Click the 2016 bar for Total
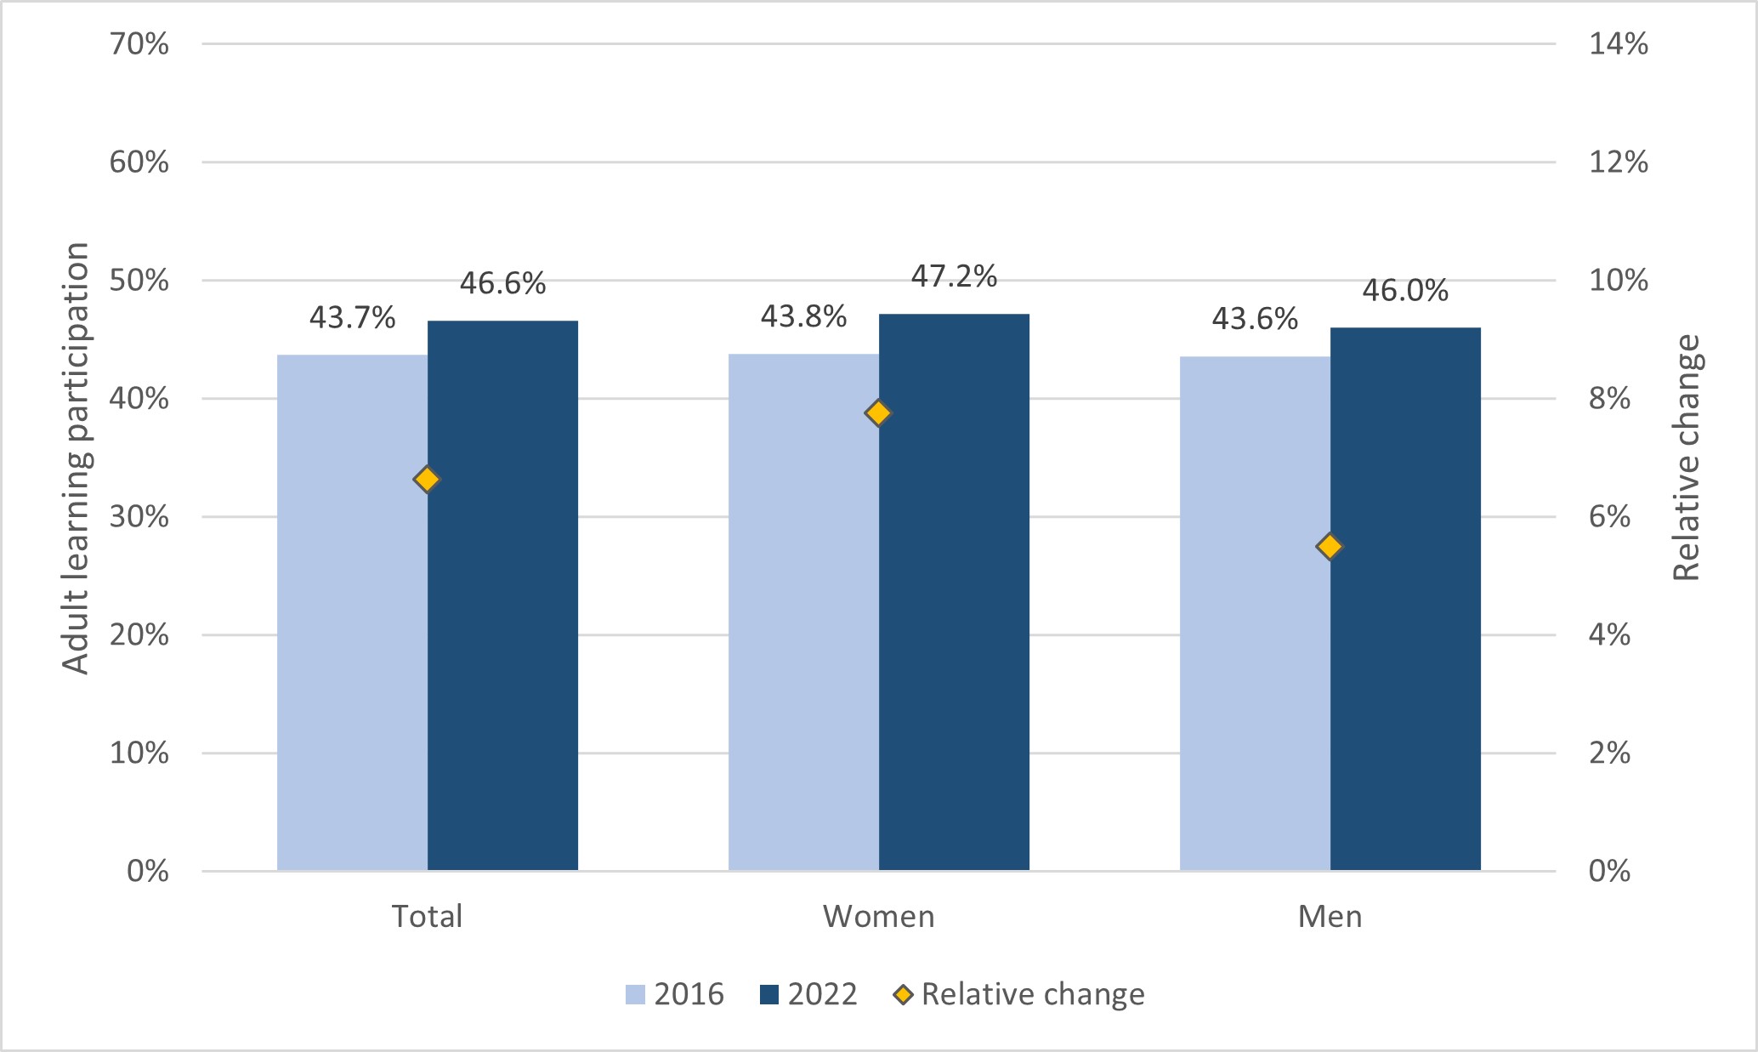(x=352, y=612)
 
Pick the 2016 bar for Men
(x=1255, y=613)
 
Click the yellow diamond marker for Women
(x=878, y=413)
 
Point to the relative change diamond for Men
(x=1330, y=546)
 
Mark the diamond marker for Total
(x=427, y=480)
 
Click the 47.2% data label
(x=954, y=276)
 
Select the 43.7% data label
(x=352, y=318)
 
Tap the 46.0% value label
(x=1405, y=291)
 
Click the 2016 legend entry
(x=675, y=994)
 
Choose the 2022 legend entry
(x=808, y=994)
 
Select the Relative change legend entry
(x=1019, y=994)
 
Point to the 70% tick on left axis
(x=139, y=44)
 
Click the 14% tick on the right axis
(x=1618, y=44)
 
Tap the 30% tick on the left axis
(x=139, y=517)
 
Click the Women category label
(x=878, y=917)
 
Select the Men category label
(x=1330, y=917)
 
